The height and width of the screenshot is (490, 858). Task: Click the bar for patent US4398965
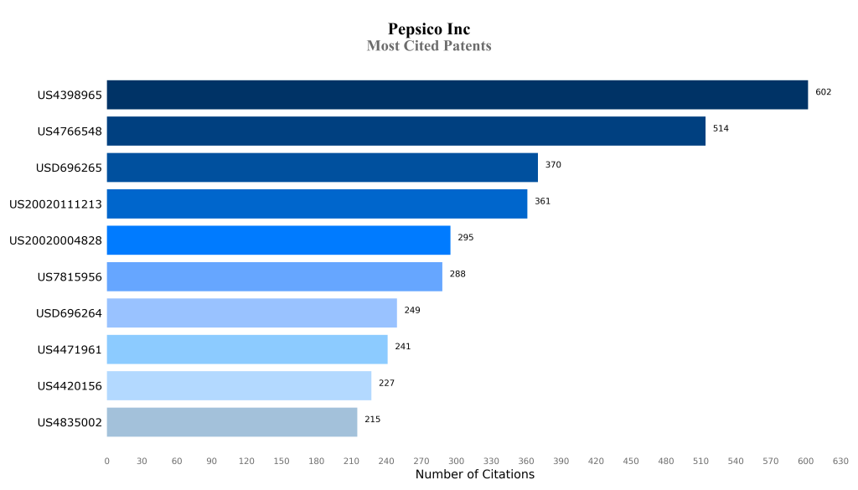coord(457,95)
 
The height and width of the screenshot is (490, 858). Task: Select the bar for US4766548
coord(406,132)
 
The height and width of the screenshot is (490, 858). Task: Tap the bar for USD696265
coord(322,168)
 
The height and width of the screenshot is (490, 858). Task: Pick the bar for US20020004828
coord(278,240)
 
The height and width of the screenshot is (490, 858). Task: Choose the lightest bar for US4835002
coord(231,422)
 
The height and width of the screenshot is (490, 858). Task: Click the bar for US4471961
coord(246,349)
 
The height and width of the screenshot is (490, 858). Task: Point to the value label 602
coord(823,92)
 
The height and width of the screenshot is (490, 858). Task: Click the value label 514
coord(721,129)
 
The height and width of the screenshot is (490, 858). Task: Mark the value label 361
coord(542,202)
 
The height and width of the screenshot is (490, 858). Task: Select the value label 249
coord(411,311)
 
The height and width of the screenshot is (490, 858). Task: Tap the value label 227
coord(385,384)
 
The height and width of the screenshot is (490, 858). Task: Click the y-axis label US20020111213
coord(55,204)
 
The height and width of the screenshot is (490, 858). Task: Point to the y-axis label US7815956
coord(70,277)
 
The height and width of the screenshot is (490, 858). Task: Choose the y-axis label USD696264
coord(69,313)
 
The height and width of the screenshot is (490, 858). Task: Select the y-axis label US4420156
coord(70,386)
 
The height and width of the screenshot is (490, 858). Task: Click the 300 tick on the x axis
coord(456,462)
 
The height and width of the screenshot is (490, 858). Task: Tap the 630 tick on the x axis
coord(840,462)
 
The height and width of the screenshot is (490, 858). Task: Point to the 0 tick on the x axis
coord(106,462)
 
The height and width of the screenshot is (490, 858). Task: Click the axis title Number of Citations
coord(474,475)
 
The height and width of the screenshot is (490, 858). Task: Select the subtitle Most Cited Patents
coord(429,46)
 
